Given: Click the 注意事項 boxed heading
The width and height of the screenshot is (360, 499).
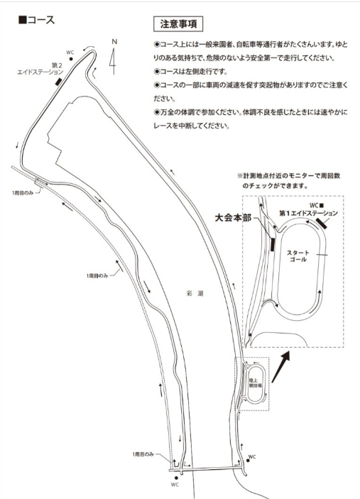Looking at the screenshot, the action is [x=178, y=24].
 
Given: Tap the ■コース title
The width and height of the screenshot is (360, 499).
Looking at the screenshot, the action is [x=37, y=20].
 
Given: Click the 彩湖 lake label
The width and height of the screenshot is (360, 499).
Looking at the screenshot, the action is [x=195, y=293].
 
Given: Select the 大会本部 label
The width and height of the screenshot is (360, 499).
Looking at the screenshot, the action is [x=233, y=218].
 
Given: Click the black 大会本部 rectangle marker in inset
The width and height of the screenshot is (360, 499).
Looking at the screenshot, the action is [x=273, y=244].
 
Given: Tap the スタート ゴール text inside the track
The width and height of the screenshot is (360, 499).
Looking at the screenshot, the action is [x=298, y=256].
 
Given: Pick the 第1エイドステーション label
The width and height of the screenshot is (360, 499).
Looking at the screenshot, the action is [x=308, y=213].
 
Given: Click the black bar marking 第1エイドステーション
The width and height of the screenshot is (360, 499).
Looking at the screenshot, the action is [x=322, y=224].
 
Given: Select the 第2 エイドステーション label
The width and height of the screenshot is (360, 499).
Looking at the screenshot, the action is [x=40, y=69].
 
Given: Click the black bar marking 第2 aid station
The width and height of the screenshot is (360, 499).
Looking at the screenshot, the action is [x=58, y=82].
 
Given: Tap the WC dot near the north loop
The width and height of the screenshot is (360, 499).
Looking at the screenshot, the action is [x=71, y=59].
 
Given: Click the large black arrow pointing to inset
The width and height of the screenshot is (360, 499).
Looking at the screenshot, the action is [x=280, y=366].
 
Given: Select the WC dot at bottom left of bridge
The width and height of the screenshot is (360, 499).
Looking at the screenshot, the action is [x=176, y=478].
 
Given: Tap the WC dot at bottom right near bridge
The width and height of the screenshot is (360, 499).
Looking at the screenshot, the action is [x=248, y=461].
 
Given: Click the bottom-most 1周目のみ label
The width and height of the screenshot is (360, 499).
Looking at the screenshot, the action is [x=143, y=454].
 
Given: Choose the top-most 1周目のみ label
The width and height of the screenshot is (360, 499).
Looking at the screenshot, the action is [x=23, y=193].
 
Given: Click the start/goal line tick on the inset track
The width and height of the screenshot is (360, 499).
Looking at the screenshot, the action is [x=322, y=255].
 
